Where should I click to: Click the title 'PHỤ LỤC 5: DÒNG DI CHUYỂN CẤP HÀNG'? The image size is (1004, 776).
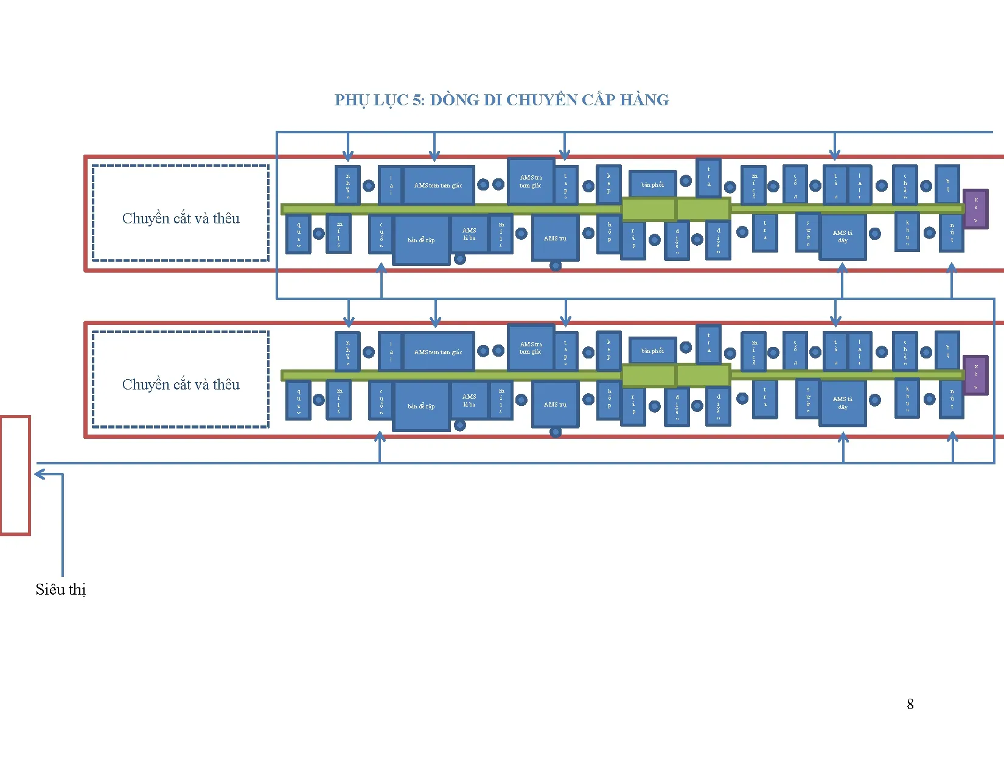501,100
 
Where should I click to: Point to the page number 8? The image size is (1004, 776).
910,704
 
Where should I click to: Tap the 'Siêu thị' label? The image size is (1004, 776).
60,589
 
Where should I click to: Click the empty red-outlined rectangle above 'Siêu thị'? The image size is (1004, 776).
15,475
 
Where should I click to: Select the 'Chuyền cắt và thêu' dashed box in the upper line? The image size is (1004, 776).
181,213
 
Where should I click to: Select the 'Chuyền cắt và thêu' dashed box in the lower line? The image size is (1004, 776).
181,380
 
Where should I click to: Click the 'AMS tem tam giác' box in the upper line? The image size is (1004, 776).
438,185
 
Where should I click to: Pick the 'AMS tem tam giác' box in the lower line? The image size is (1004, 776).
438,352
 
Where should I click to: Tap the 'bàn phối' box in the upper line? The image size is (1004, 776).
652,184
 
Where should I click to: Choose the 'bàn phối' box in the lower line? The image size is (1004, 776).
652,351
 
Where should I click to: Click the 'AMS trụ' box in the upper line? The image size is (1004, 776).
555,238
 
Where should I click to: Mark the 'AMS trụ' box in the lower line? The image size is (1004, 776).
555,404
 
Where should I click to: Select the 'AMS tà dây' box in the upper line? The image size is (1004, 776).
843,237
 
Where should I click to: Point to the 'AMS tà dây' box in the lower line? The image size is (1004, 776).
843,403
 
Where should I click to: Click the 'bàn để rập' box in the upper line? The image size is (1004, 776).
421,240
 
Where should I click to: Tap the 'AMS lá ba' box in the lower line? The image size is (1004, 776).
469,400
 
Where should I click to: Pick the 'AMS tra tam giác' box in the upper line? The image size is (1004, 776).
531,181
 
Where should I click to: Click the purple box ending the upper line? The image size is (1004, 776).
975,209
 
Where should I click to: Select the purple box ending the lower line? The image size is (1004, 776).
975,375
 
